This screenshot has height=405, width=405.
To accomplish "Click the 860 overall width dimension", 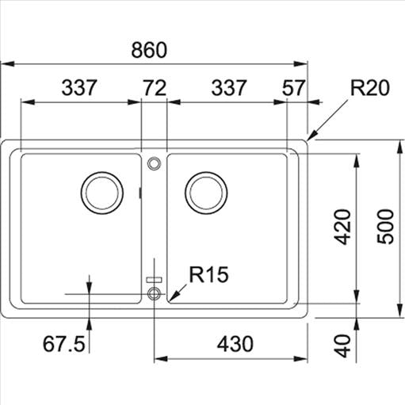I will [150, 50].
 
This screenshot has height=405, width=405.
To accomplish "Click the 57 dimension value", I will [292, 88].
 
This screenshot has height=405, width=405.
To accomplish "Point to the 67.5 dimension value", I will [63, 344].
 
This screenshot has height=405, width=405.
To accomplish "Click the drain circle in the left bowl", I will [102, 192].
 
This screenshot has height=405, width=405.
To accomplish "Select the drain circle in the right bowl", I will [206, 192].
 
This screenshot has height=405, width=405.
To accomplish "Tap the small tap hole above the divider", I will [154, 162].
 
